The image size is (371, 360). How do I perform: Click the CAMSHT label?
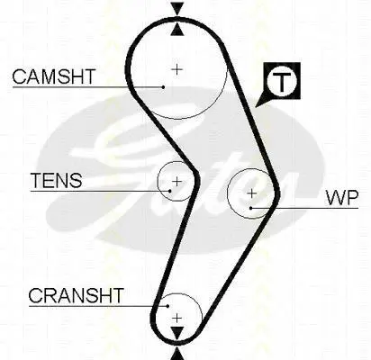click(x=54, y=76)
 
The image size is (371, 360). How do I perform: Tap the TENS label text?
click(x=57, y=180)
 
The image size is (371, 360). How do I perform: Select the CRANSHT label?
click(x=76, y=295)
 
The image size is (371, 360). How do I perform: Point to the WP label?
click(x=342, y=198)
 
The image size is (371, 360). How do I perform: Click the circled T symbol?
click(x=282, y=81)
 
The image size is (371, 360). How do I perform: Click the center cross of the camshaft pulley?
click(x=177, y=69)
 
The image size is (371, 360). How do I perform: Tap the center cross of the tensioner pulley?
click(x=176, y=182)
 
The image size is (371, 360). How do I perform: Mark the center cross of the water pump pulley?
click(x=251, y=193)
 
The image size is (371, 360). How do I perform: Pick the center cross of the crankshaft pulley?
click(x=177, y=318)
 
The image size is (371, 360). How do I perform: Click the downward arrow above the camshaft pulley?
click(x=177, y=9)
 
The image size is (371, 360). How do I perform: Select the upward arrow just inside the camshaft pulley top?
click(x=177, y=30)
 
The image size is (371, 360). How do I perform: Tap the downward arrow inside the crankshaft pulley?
click(x=177, y=334)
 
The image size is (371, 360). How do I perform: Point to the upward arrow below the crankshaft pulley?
click(x=177, y=354)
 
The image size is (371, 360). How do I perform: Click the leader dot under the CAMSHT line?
click(x=163, y=87)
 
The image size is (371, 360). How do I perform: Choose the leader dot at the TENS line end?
click(x=170, y=191)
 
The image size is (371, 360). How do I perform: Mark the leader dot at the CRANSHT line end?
click(x=168, y=306)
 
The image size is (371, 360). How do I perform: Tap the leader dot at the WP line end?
click(x=250, y=208)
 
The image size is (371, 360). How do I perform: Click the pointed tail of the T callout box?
click(x=256, y=107)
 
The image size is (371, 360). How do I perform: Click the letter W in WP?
click(x=335, y=198)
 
